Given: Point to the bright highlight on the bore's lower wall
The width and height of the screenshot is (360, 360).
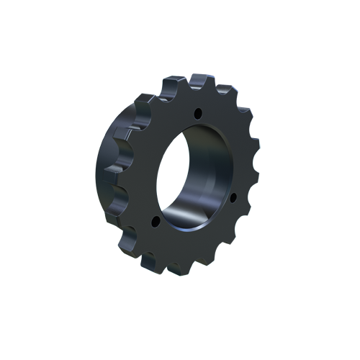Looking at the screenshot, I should tap(189, 216).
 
